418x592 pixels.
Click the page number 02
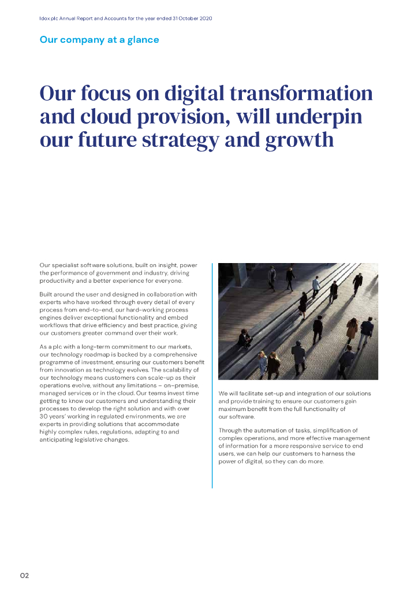click(x=25, y=575)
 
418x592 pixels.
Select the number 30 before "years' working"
click(x=44, y=417)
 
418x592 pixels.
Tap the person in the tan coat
click(x=352, y=330)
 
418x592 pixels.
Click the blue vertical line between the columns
click(x=212, y=376)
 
